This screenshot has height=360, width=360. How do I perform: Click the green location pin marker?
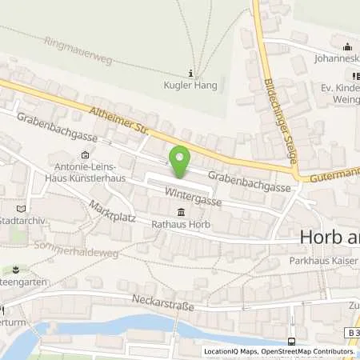pos(181,160)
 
